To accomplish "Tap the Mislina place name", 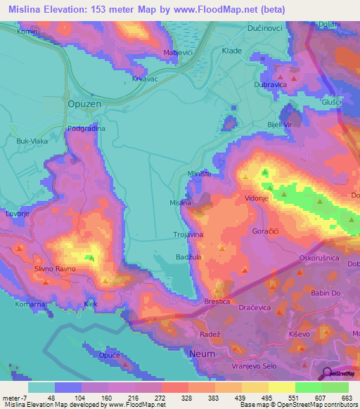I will coord(181,203).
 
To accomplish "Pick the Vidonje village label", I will coord(257,200).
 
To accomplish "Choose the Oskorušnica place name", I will coord(320,258).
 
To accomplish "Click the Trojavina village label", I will coord(188,235).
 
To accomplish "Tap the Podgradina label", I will coord(86,129).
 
